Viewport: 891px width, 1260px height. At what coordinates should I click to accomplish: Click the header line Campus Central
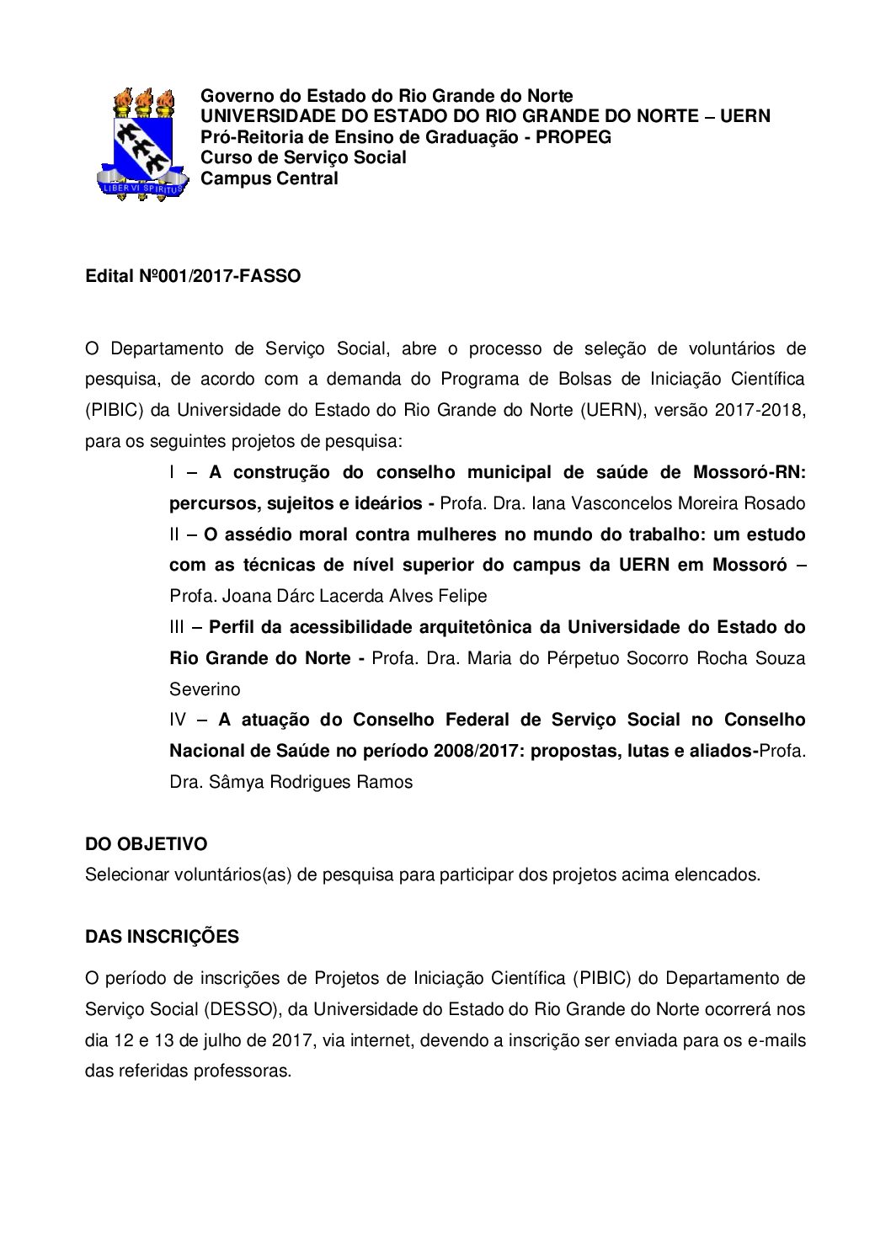(x=269, y=178)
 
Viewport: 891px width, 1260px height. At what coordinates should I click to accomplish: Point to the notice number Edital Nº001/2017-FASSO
(x=193, y=276)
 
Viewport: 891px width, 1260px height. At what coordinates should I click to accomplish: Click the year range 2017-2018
(x=760, y=411)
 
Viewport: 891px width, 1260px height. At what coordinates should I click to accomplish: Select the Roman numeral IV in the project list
(x=178, y=720)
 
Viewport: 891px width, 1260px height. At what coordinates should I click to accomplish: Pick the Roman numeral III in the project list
(x=176, y=627)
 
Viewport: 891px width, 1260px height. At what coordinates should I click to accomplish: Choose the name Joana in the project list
(x=244, y=597)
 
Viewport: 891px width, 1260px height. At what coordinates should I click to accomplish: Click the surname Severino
(x=205, y=689)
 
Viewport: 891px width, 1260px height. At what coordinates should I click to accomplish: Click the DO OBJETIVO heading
(x=146, y=844)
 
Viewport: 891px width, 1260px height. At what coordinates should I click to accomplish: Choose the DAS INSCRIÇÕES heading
(x=162, y=937)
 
